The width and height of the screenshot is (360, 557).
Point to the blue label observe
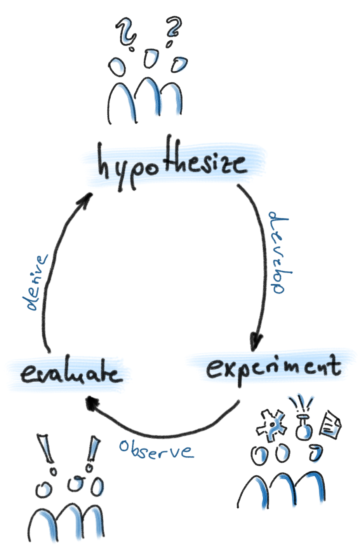155,450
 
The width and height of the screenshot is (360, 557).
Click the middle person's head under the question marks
151,57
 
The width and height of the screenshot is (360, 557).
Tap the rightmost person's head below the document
317,453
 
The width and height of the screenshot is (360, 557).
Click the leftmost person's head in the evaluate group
43,489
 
